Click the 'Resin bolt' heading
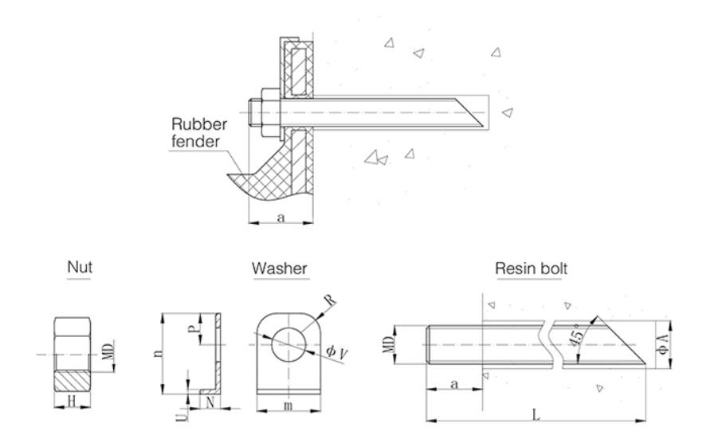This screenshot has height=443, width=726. (532, 269)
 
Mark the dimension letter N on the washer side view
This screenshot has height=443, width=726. (209, 402)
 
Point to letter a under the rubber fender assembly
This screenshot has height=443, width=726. (280, 216)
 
